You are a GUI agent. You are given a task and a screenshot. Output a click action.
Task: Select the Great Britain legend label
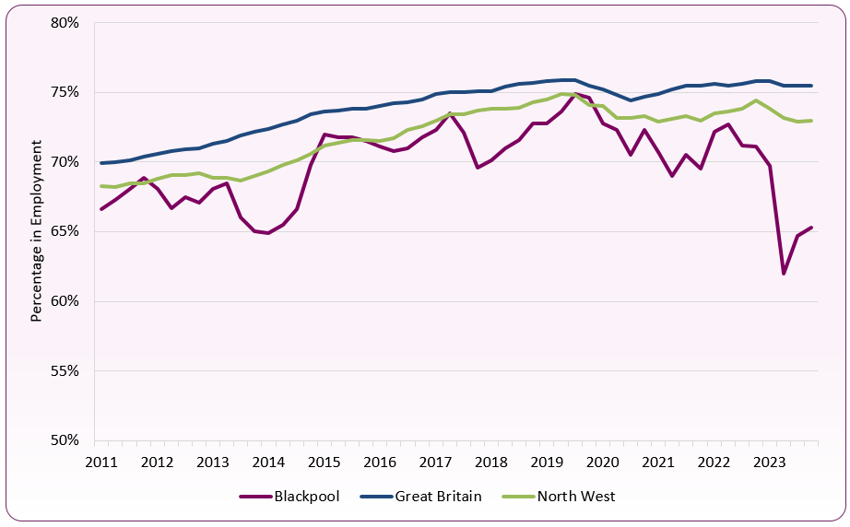pyautogui.click(x=438, y=497)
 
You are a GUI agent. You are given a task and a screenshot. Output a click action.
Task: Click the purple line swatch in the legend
pyautogui.click(x=254, y=497)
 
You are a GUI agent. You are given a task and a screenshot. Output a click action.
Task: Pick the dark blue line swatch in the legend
pyautogui.click(x=375, y=497)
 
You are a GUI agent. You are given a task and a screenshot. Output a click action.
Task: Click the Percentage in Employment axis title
pyautogui.click(x=37, y=230)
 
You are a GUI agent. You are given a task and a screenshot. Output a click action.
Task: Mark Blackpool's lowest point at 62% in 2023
pyautogui.click(x=784, y=274)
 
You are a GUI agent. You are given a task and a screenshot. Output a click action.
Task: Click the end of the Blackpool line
pyautogui.click(x=811, y=228)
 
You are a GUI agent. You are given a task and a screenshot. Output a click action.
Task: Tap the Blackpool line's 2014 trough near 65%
pyautogui.click(x=267, y=233)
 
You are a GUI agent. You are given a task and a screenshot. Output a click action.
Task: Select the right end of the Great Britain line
pyautogui.click(x=811, y=86)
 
